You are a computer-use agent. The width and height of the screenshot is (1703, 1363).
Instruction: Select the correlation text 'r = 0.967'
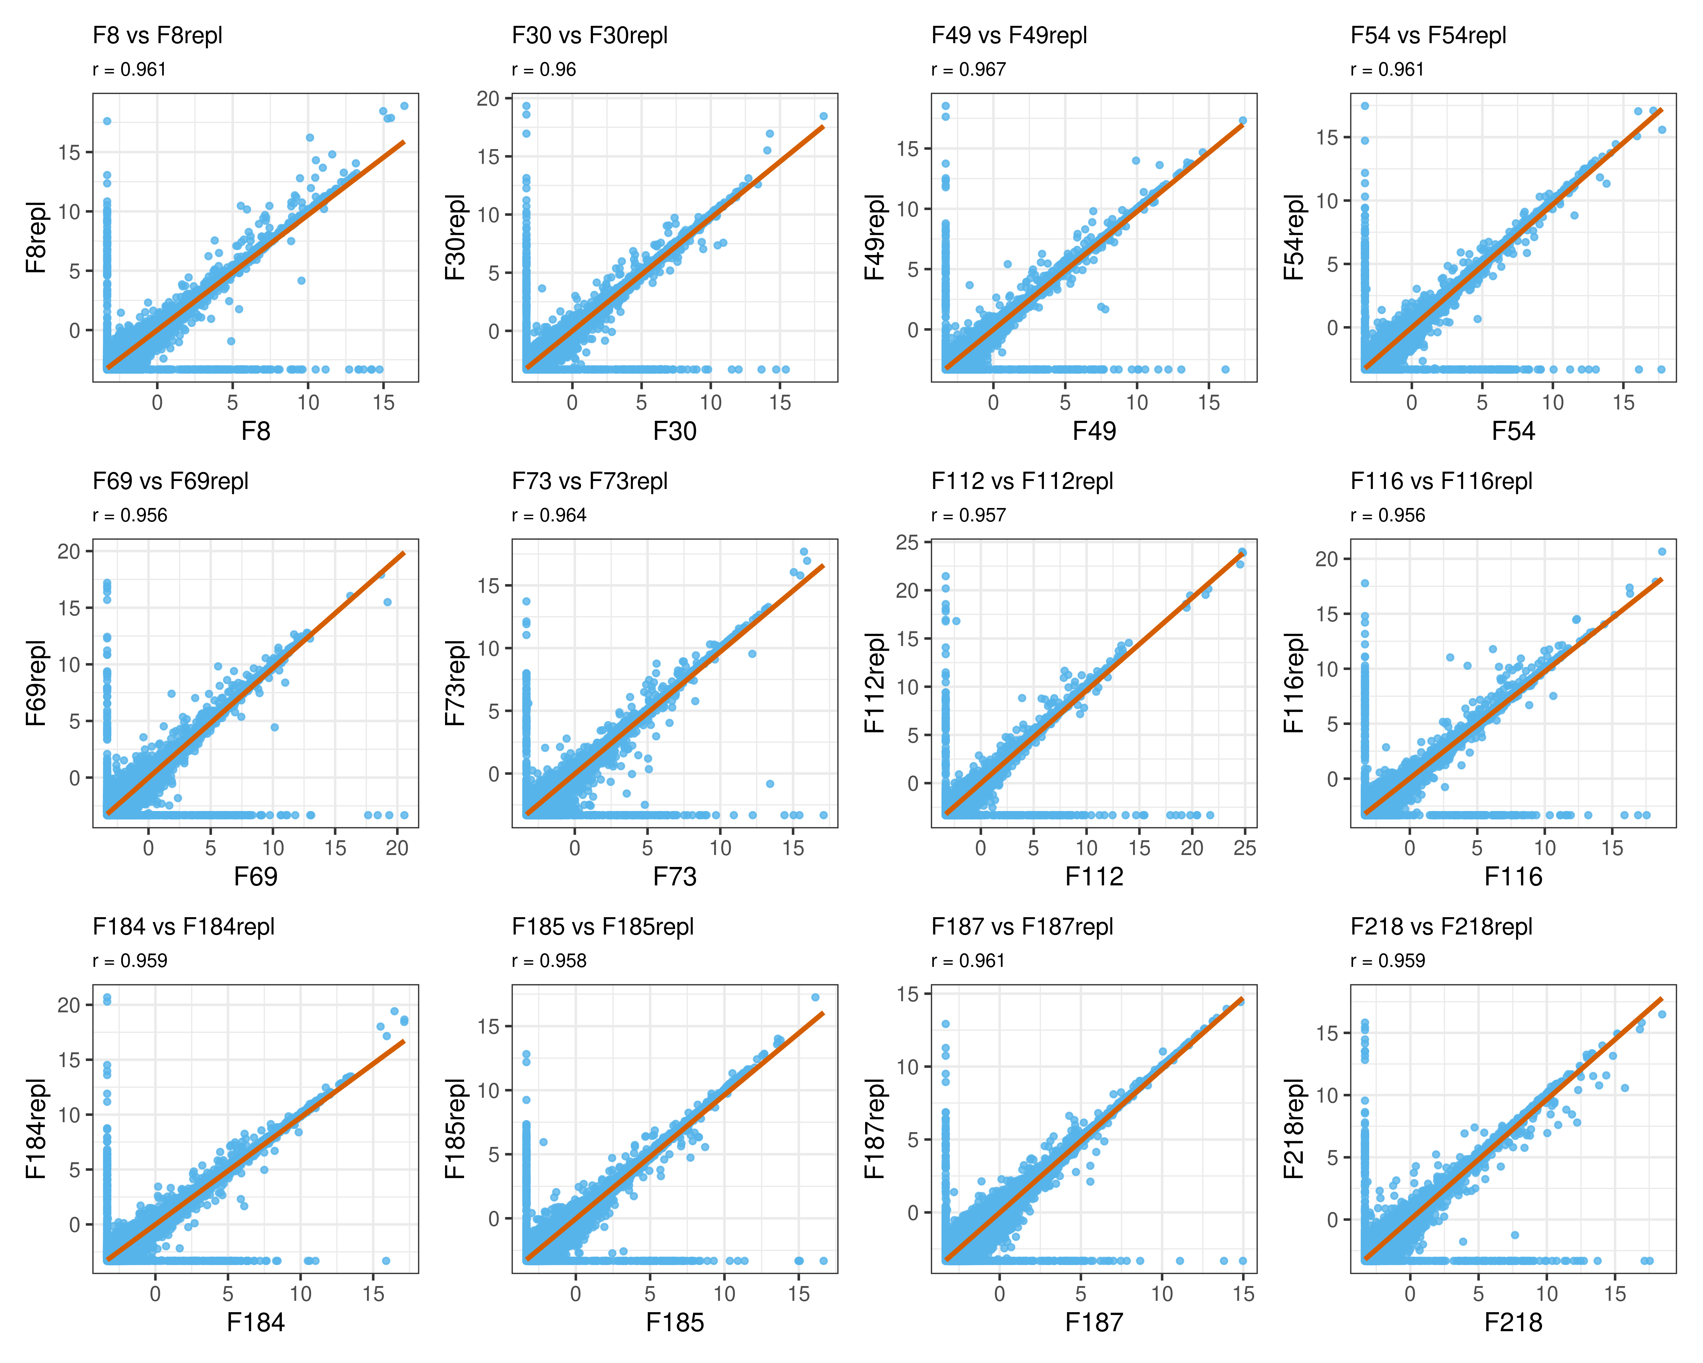(968, 70)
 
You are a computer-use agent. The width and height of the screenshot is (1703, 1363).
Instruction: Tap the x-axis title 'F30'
(675, 431)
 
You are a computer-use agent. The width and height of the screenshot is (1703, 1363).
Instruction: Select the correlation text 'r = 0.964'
(549, 515)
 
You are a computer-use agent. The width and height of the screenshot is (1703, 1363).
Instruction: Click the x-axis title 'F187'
(1094, 1323)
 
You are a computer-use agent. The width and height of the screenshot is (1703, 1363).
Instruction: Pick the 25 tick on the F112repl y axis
(908, 542)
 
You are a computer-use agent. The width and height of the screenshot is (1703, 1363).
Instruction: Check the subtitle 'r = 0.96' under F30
(544, 70)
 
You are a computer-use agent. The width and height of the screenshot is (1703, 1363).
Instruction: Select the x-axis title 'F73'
(675, 876)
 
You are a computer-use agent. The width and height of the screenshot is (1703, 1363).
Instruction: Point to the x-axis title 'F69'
(255, 876)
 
